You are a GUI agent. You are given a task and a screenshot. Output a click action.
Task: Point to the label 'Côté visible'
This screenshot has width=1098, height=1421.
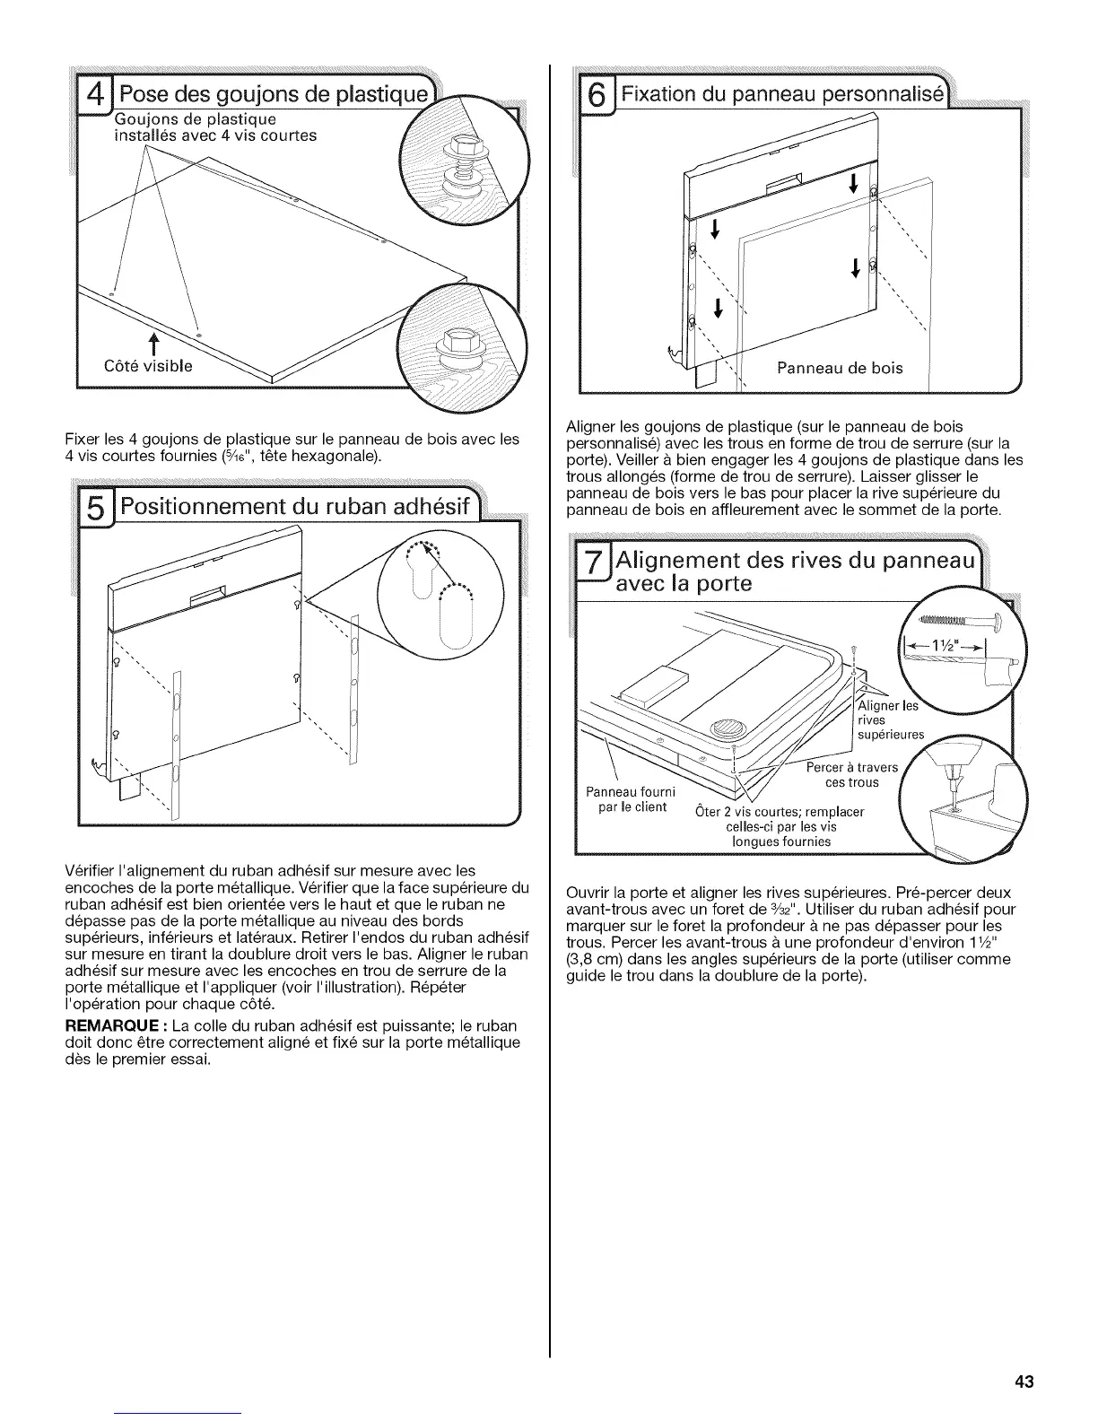[x=148, y=366]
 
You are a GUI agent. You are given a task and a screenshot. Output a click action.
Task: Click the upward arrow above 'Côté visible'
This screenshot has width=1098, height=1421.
[x=153, y=345]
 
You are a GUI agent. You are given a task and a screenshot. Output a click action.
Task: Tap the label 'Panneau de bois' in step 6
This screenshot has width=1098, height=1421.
[x=840, y=367]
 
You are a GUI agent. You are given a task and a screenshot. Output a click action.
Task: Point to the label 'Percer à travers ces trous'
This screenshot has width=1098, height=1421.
[x=841, y=775]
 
